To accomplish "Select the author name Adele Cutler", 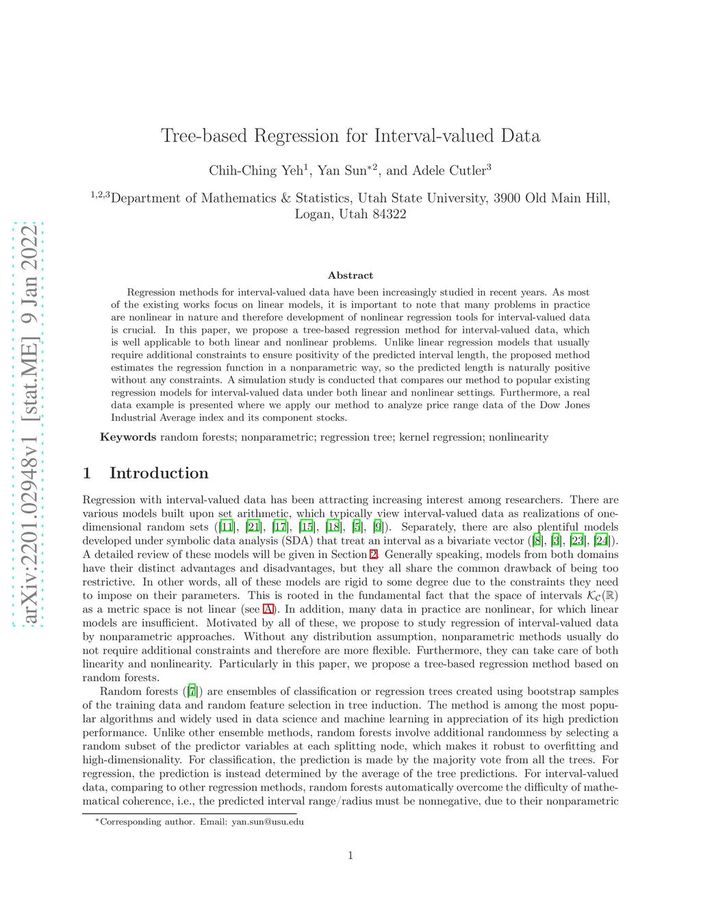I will click(448, 170).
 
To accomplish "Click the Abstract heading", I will click(350, 275).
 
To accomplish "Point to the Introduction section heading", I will click(159, 473).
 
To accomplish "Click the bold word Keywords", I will click(128, 437).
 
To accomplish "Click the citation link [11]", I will click(226, 527).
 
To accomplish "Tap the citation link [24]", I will click(602, 541).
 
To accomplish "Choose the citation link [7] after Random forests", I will click(192, 691).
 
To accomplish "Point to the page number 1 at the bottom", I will click(350, 855).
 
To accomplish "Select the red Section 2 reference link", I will click(374, 554).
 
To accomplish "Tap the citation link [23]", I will click(577, 541).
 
